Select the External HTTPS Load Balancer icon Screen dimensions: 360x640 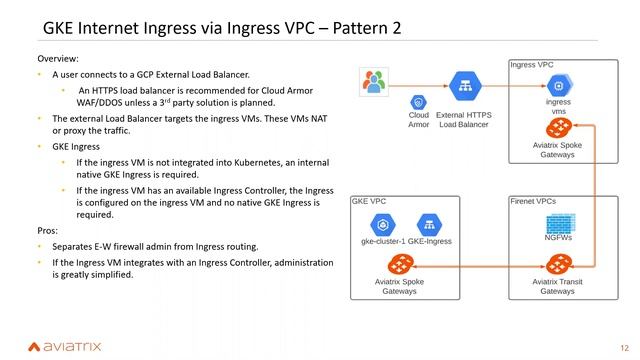click(463, 87)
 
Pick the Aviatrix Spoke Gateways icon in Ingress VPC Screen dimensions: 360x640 click(559, 128)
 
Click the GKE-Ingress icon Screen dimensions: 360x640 click(430, 224)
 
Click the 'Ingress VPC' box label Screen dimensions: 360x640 click(531, 65)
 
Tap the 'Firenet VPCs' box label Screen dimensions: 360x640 click(534, 201)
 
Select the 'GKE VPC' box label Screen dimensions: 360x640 click(369, 201)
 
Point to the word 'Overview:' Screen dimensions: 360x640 click(57, 59)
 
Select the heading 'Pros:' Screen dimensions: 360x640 click(49, 230)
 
